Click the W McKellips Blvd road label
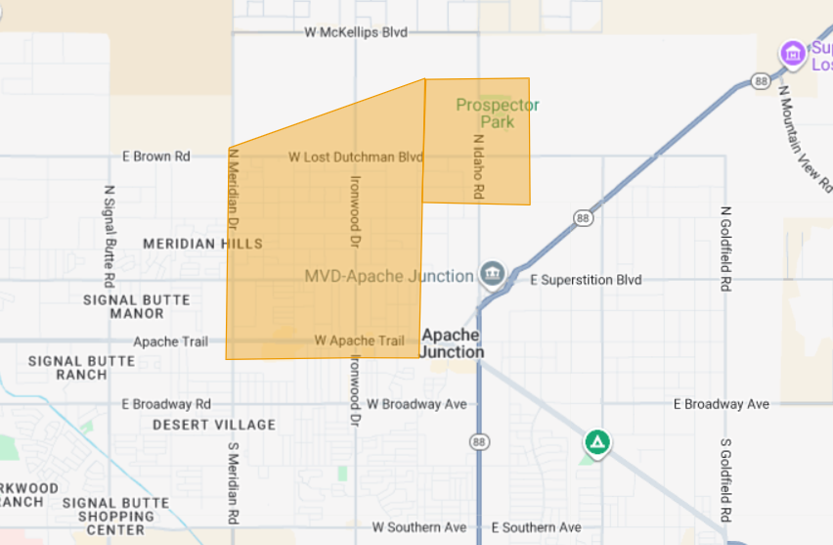pos(355,32)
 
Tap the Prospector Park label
pos(497,114)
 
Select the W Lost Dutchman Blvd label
pos(355,157)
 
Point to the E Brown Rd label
pos(155,157)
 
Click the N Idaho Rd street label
pos(478,167)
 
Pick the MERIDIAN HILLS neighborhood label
pos(202,244)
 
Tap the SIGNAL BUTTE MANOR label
pos(137,306)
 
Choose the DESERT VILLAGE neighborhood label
pos(214,425)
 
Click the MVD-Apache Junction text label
pos(389,276)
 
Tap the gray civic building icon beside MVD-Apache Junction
pos(493,274)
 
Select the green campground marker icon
pos(597,442)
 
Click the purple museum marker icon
pos(793,53)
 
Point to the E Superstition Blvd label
pos(586,280)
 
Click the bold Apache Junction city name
pos(452,343)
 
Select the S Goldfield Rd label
pos(725,479)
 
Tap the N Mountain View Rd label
pos(805,137)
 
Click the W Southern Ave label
pos(418,527)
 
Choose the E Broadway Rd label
pos(166,404)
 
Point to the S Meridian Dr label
pos(233,482)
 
